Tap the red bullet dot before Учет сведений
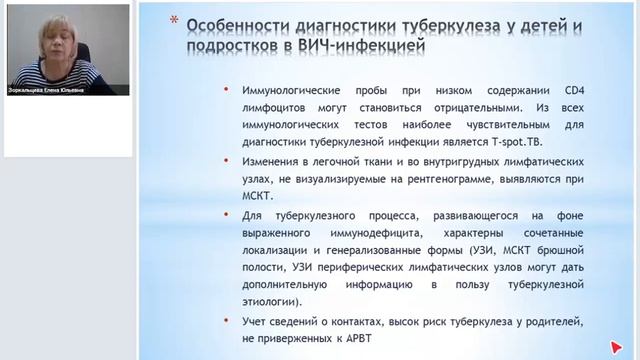tap(232, 321)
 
